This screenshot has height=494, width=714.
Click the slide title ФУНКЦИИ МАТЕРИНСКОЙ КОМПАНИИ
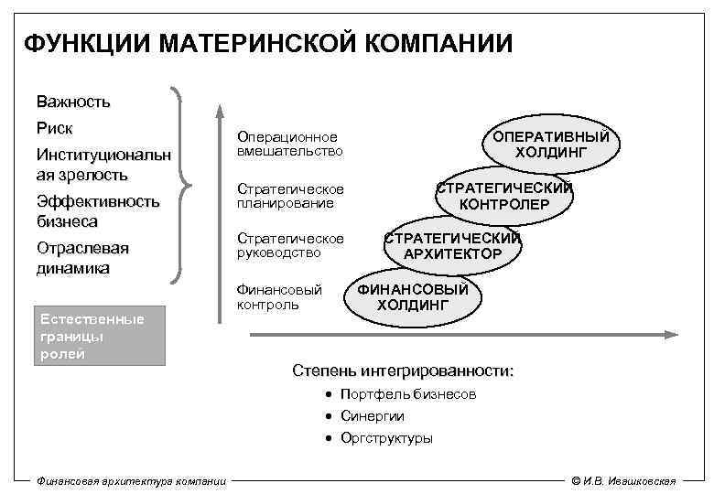[x=267, y=44]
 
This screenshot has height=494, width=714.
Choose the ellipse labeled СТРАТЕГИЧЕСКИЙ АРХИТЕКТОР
[x=452, y=245]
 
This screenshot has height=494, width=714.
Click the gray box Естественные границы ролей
[x=98, y=337]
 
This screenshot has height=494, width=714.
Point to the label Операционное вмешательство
[x=288, y=144]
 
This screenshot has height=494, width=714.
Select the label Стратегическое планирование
[x=290, y=195]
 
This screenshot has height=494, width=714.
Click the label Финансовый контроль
[x=279, y=296]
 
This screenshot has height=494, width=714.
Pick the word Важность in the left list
[x=73, y=101]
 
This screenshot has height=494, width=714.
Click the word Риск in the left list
[x=55, y=127]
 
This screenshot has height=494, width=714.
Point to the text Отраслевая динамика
[x=83, y=258]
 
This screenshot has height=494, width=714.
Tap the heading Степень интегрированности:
[x=403, y=371]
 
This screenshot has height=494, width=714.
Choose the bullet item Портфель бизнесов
[x=407, y=394]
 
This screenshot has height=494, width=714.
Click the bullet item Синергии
[x=372, y=416]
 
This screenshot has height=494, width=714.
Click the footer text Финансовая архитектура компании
[x=129, y=481]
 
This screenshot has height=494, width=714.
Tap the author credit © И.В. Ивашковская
[x=622, y=481]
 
